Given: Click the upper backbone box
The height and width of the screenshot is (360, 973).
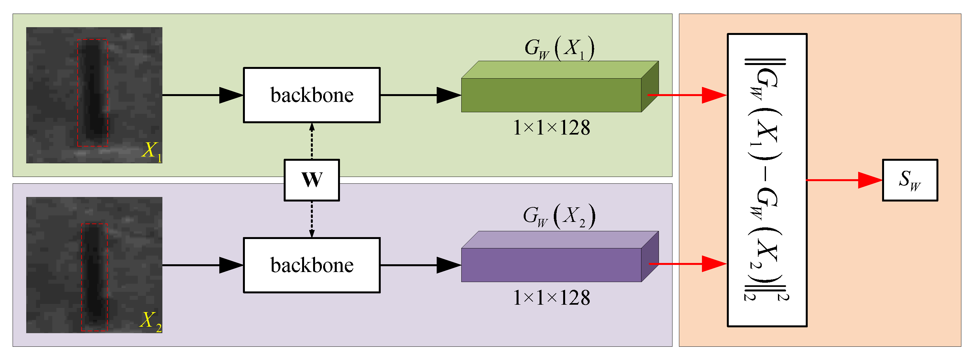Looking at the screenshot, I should (312, 95).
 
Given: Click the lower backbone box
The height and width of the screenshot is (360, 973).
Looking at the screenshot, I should (312, 265).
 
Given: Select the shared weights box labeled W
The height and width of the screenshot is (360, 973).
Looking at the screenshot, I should (312, 180).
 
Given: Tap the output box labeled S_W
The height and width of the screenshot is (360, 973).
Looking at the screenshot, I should (910, 180).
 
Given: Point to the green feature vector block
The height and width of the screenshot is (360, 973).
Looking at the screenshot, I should (552, 94).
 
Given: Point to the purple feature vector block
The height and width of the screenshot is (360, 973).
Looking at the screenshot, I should (552, 265).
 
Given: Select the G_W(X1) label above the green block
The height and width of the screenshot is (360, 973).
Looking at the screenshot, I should (559, 49).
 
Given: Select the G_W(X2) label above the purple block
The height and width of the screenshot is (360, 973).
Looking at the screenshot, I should (559, 216).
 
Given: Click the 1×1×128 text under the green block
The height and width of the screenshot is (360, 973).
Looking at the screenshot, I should (552, 128).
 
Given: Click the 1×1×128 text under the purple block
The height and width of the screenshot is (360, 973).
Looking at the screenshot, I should (552, 298).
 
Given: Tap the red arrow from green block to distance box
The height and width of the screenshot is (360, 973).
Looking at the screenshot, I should (687, 95).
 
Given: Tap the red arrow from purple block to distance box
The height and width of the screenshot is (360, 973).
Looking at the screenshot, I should (687, 264).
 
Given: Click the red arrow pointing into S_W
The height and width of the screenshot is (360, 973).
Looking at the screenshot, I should (844, 180).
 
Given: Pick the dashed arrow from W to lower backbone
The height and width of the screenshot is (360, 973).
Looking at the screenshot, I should (312, 219).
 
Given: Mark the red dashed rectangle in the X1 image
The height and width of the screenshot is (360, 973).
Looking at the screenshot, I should (78, 93).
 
